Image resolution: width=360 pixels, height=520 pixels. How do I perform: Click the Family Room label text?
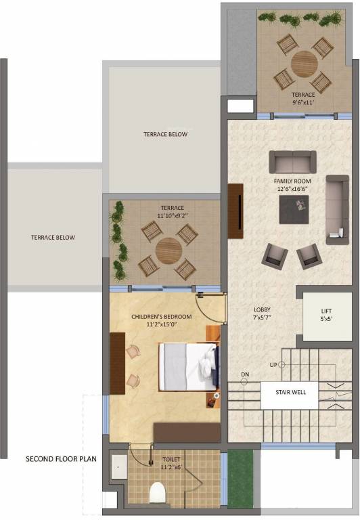[292, 186]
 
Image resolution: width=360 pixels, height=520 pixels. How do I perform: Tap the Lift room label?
[325, 316]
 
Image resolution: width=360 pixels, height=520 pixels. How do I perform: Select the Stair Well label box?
[288, 391]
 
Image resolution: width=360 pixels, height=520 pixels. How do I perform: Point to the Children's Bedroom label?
[161, 320]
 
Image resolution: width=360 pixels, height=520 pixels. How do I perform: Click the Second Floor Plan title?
[61, 458]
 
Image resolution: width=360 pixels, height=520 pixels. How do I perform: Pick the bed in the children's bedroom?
[189, 366]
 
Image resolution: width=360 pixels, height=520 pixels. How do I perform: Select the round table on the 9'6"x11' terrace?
[304, 64]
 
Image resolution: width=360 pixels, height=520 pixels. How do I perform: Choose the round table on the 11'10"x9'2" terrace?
[168, 252]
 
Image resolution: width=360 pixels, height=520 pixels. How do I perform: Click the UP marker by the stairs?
[274, 365]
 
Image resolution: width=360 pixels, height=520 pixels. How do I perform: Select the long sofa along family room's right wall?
[337, 209]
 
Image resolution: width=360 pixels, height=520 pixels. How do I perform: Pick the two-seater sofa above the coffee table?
[292, 162]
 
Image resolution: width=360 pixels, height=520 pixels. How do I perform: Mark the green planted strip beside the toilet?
[240, 479]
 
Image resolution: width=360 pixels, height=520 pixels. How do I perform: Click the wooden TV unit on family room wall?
[235, 211]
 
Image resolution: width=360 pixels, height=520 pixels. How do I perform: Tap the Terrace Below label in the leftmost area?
[53, 238]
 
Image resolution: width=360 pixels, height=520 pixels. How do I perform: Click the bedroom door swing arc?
[211, 308]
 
